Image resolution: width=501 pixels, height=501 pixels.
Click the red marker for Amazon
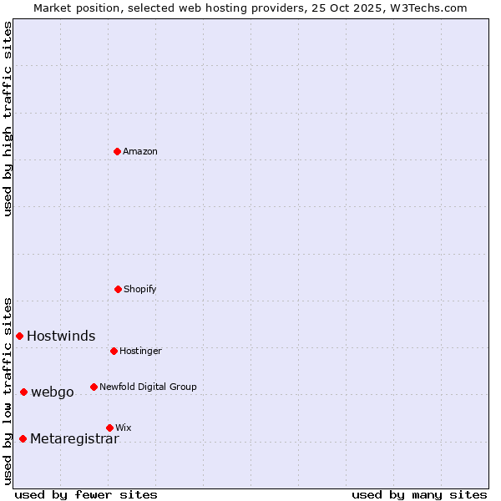point(118,151)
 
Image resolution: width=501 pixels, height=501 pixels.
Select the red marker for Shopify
point(118,289)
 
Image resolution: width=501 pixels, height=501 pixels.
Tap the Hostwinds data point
point(20,336)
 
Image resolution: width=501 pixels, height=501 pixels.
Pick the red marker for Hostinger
point(114,351)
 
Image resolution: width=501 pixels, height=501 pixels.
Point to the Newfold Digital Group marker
point(94,387)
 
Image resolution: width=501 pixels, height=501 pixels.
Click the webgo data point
point(24,392)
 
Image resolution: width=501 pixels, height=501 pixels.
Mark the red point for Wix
point(109,428)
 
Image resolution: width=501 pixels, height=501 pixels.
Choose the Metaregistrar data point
point(23,438)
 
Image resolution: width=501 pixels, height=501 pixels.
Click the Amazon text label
point(140,151)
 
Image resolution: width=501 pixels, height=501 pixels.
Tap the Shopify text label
point(140,289)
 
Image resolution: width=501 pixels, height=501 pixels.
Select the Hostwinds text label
point(61,337)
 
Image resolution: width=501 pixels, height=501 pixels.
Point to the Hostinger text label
point(140,351)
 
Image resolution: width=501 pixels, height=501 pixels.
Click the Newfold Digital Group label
point(148,387)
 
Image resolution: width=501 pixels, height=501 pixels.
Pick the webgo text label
point(53,392)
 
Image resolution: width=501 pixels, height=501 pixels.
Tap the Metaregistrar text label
point(74,439)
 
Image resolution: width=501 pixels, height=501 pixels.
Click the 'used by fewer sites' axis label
point(86,494)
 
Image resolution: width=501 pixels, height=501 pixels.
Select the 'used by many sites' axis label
point(419,494)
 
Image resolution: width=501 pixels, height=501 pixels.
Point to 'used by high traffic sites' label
point(8,119)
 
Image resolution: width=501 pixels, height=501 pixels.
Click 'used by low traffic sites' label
point(8,391)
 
